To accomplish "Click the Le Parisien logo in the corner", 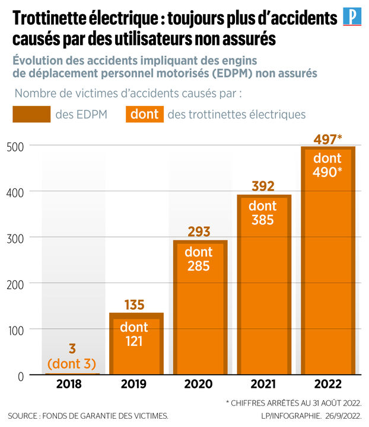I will tap(352, 18).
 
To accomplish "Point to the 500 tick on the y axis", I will tap(13, 146).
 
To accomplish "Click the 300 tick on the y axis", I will tap(13, 237).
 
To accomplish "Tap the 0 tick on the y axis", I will tap(18, 375).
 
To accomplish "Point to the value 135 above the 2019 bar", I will tap(135, 306).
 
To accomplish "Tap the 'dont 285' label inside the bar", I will tap(199, 259).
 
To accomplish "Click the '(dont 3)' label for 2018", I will tap(72, 364).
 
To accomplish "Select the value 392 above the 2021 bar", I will tap(263, 187).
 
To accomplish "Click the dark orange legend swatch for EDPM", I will tap(31, 114).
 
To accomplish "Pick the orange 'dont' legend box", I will tap(144, 114).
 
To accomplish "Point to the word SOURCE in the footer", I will tap(27, 416).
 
